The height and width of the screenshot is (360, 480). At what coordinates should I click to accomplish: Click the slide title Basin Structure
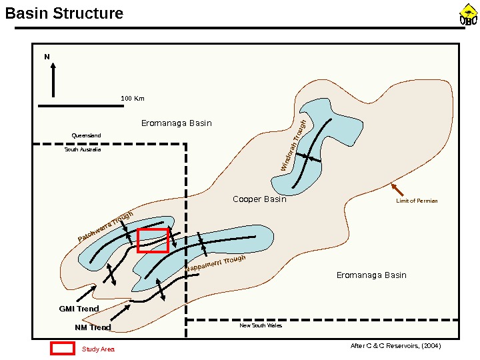[x=65, y=13]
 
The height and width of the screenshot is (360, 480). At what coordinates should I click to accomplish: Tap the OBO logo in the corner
[x=469, y=15]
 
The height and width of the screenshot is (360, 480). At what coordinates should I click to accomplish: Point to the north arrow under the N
[x=53, y=79]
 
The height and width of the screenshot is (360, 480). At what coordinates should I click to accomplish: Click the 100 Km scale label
[x=133, y=99]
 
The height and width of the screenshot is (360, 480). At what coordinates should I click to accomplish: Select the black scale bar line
[x=81, y=105]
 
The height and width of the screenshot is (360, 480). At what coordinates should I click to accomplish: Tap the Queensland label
[x=86, y=135]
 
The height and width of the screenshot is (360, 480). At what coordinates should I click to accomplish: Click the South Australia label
[x=83, y=149]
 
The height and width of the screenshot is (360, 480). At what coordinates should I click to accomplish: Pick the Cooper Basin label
[x=259, y=199]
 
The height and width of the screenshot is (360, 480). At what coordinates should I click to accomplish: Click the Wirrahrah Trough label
[x=294, y=146]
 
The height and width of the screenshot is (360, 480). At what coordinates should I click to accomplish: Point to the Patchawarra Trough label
[x=105, y=227]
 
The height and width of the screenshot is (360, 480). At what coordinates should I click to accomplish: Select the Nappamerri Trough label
[x=215, y=263]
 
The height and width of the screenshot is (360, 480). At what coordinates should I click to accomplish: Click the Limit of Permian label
[x=417, y=201]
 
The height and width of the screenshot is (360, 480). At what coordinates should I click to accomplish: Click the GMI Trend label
[x=79, y=309]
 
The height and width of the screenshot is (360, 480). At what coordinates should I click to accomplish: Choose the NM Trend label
[x=93, y=327]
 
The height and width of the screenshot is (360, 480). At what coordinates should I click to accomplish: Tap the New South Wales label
[x=261, y=326]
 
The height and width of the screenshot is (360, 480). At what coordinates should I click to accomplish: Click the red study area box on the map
[x=153, y=240]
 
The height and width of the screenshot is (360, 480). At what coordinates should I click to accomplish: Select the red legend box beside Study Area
[x=63, y=348]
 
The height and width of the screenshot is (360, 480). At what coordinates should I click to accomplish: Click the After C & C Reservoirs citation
[x=395, y=346]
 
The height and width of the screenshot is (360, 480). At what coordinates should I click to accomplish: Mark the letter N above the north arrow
[x=47, y=57]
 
